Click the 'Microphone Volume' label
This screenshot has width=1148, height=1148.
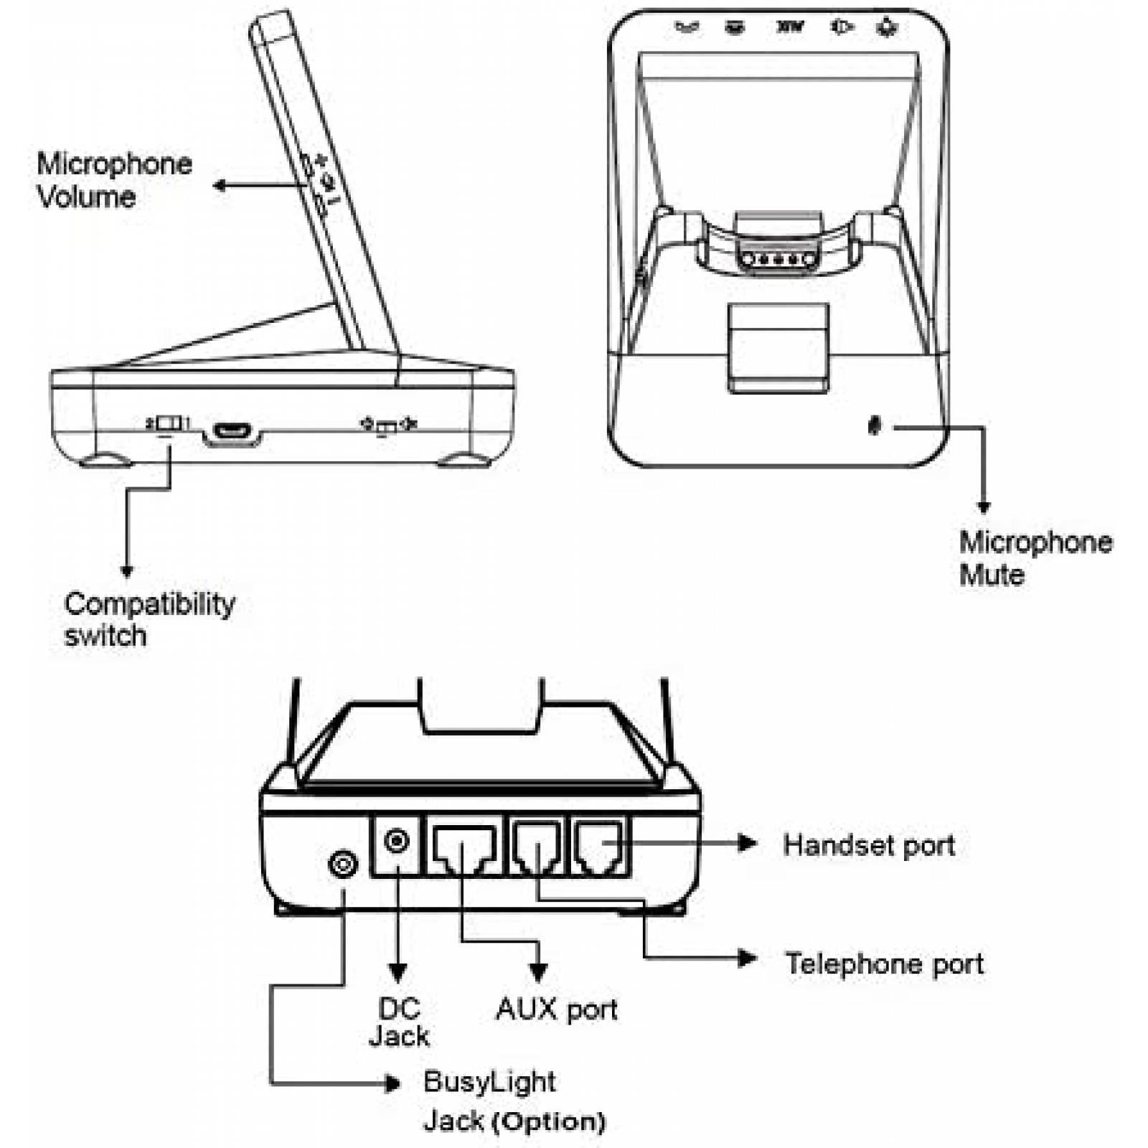pyautogui.click(x=114, y=180)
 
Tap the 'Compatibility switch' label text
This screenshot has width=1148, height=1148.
pyautogui.click(x=149, y=619)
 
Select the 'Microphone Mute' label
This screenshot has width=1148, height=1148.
pyautogui.click(x=1035, y=558)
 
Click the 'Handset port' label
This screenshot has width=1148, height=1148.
pyautogui.click(x=869, y=845)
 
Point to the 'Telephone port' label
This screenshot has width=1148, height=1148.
pyautogui.click(x=884, y=964)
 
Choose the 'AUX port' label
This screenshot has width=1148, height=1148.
pyautogui.click(x=556, y=1010)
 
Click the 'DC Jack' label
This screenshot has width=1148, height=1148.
pyautogui.click(x=399, y=1022)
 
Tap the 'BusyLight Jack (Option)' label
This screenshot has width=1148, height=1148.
pyautogui.click(x=512, y=1101)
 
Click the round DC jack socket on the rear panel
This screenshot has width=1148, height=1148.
pyautogui.click(x=397, y=840)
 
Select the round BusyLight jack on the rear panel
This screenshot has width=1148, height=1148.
pyautogui.click(x=343, y=864)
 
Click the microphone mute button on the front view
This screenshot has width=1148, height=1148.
pyautogui.click(x=874, y=426)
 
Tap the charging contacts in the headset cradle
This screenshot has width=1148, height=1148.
pyautogui.click(x=778, y=259)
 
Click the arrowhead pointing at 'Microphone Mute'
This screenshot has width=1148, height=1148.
pyautogui.click(x=984, y=507)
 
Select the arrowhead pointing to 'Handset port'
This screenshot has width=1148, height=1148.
pyautogui.click(x=748, y=843)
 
